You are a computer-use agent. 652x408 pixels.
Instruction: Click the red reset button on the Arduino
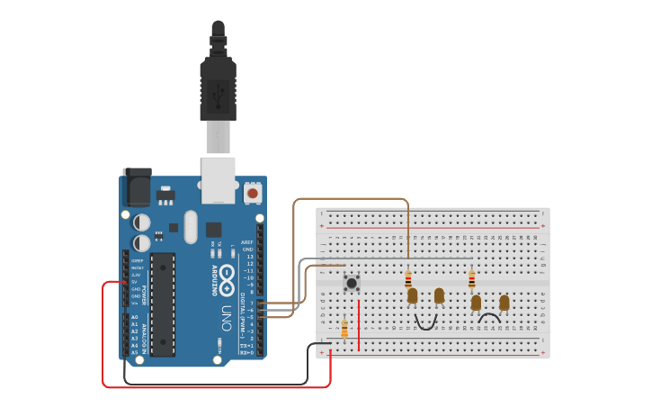253,193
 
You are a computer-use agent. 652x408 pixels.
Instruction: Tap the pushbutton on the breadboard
352,283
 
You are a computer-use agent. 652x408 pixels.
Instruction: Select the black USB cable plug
218,86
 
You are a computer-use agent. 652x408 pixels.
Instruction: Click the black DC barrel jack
136,186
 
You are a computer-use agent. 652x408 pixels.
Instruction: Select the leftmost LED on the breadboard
412,295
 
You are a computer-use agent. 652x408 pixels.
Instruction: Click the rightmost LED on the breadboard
504,303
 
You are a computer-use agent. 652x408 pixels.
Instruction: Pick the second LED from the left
439,295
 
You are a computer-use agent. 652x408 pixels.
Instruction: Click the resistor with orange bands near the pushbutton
344,329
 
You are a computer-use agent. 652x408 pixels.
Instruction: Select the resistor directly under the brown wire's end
408,278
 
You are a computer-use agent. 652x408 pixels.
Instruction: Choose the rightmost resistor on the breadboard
472,280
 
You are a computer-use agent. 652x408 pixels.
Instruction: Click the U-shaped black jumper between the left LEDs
425,323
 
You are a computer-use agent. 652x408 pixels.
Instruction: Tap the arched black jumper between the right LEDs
489,317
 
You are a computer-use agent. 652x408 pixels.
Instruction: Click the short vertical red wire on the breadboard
359,324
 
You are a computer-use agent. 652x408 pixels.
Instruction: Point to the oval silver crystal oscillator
190,227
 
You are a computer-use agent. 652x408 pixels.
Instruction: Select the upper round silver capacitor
142,222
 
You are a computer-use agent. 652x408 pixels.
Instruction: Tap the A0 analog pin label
135,317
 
